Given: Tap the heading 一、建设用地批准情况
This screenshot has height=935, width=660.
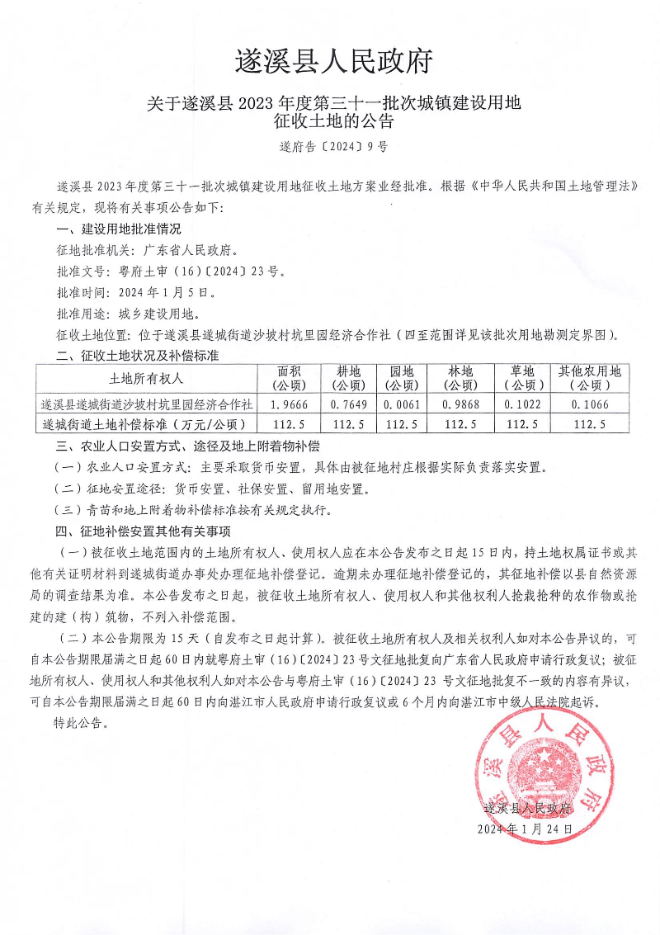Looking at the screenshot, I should pyautogui.click(x=118, y=229).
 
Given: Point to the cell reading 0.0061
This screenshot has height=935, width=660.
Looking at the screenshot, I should pyautogui.click(x=401, y=405).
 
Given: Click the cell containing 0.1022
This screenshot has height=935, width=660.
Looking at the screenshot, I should pyautogui.click(x=523, y=405).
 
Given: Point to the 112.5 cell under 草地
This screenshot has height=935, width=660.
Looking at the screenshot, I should pyautogui.click(x=523, y=424).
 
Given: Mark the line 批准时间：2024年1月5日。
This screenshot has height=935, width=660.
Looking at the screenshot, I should pyautogui.click(x=136, y=292).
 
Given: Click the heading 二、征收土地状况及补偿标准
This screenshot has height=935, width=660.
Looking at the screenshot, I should pyautogui.click(x=136, y=357).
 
